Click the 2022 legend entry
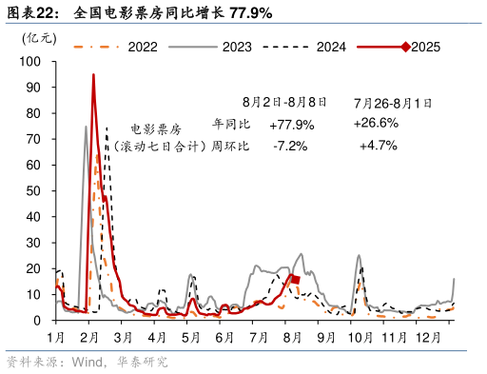point(143,45)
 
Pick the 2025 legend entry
point(425,45)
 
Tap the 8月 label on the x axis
point(291,338)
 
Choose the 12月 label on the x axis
point(424,338)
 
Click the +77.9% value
point(291,124)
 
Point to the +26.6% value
point(376,124)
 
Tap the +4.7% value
point(378,146)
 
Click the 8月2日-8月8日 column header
point(284,101)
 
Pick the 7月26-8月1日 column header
point(380,101)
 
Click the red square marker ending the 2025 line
point(295,280)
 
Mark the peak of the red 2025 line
point(93,74)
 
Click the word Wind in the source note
point(87,362)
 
